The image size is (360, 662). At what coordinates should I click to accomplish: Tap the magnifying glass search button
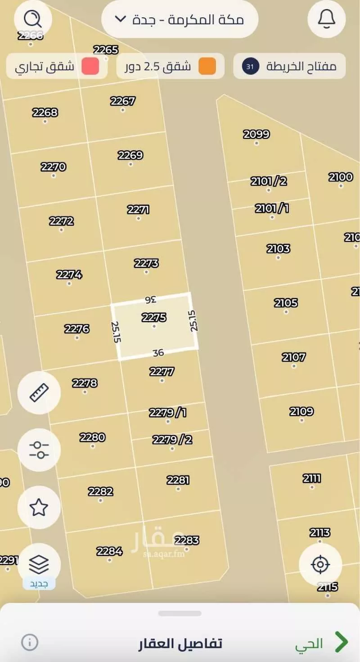pyautogui.click(x=33, y=19)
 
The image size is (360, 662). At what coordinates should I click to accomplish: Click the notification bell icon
pyautogui.click(x=326, y=19)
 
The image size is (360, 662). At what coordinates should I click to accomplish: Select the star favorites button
pyautogui.click(x=39, y=507)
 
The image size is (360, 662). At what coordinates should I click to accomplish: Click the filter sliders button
pyautogui.click(x=39, y=450)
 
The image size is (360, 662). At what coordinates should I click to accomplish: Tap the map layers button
pyautogui.click(x=39, y=563)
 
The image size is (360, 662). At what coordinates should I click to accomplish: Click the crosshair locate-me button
pyautogui.click(x=320, y=564)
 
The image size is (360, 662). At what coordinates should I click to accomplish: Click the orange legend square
pyautogui.click(x=207, y=67)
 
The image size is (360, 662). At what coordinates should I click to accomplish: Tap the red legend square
pyautogui.click(x=90, y=67)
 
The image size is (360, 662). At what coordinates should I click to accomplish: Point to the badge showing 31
pyautogui.click(x=251, y=67)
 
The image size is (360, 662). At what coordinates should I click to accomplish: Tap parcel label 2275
pyautogui.click(x=154, y=318)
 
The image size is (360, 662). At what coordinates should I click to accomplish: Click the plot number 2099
pyautogui.click(x=256, y=134)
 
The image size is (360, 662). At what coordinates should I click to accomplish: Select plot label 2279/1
pyautogui.click(x=168, y=412)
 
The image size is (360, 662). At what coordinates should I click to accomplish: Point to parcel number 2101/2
pyautogui.click(x=269, y=181)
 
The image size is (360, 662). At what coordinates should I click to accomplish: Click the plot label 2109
pyautogui.click(x=301, y=411)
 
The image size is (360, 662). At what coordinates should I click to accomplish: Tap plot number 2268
pyautogui.click(x=45, y=113)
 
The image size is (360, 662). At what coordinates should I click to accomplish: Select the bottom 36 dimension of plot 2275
pyautogui.click(x=158, y=353)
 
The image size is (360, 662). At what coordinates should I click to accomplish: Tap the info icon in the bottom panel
pyautogui.click(x=30, y=642)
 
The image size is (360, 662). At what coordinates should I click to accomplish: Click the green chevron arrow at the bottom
pyautogui.click(x=342, y=642)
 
